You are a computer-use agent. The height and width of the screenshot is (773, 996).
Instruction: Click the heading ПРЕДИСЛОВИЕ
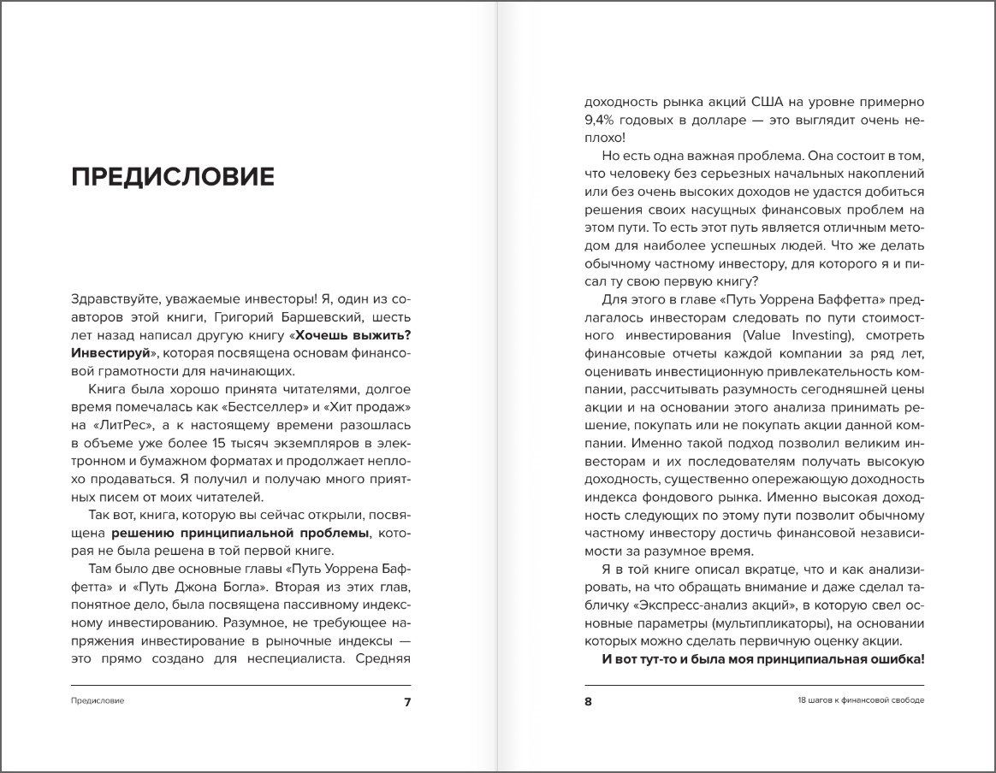[173, 177]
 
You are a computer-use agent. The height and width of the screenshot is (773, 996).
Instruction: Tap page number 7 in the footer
[407, 702]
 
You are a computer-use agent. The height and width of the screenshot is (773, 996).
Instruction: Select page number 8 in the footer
[589, 702]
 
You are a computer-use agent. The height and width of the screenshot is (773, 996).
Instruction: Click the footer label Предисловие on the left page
[98, 701]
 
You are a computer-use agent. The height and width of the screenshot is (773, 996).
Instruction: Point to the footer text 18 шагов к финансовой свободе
[859, 701]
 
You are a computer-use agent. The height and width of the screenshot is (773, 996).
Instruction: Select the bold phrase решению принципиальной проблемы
[234, 533]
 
